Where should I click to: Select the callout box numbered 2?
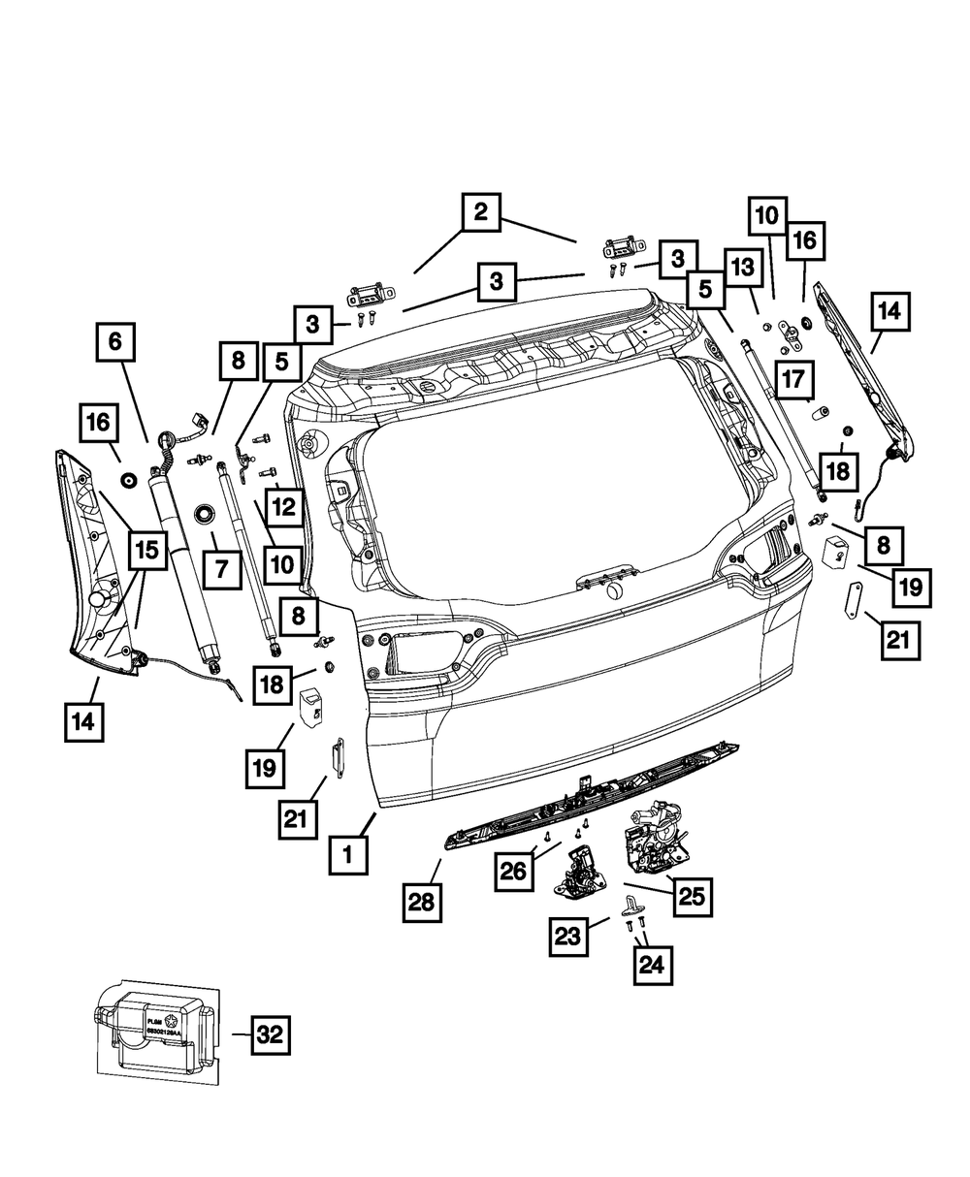480,212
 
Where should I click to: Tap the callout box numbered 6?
114,341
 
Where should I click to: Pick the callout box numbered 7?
222,569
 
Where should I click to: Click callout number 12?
283,504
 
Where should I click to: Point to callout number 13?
741,267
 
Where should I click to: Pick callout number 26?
513,870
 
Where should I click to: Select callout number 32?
269,1034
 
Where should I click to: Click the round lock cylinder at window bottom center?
613,591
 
